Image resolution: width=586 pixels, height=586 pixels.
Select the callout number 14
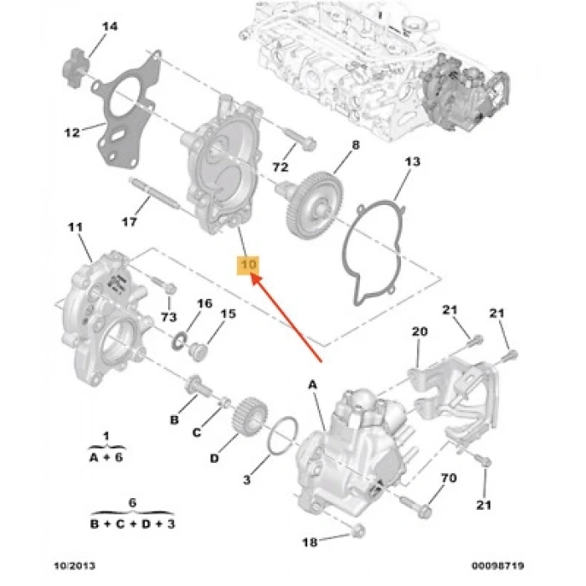pos(110,27)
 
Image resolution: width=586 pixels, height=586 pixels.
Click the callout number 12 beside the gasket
pos(73,131)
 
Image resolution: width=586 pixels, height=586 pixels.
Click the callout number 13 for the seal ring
pos(409,161)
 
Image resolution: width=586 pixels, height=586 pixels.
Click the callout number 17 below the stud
pos(128,222)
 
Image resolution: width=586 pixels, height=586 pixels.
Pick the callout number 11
pos(76,227)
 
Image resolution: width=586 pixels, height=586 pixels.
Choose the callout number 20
pos(419,332)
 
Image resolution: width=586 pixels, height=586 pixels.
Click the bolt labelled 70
pos(415,505)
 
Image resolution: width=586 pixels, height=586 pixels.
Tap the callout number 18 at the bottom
pos(309,542)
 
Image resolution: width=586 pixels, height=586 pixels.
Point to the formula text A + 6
pos(107,457)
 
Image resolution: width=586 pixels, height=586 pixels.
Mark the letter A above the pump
pos(314,384)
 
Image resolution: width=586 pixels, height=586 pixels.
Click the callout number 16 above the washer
pos(204,303)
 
